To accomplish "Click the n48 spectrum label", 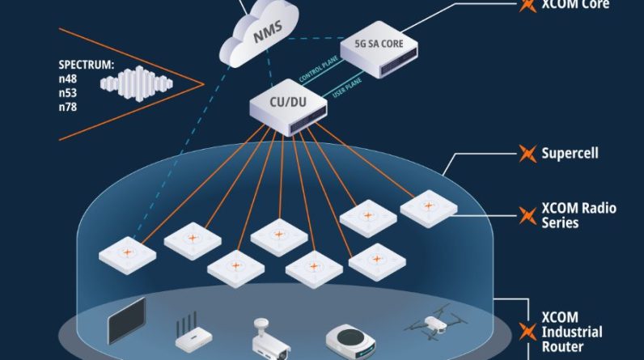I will pyautogui.click(x=68, y=78).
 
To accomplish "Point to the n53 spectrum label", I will pyautogui.click(x=68, y=92).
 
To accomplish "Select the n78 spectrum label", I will pyautogui.click(x=68, y=106).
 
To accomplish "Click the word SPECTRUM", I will pyautogui.click(x=86, y=65).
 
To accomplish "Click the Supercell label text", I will pyautogui.click(x=570, y=151).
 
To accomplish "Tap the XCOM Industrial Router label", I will pyautogui.click(x=571, y=331).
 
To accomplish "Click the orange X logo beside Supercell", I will pyautogui.click(x=527, y=152).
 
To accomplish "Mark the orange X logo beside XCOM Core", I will pyautogui.click(x=527, y=5).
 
